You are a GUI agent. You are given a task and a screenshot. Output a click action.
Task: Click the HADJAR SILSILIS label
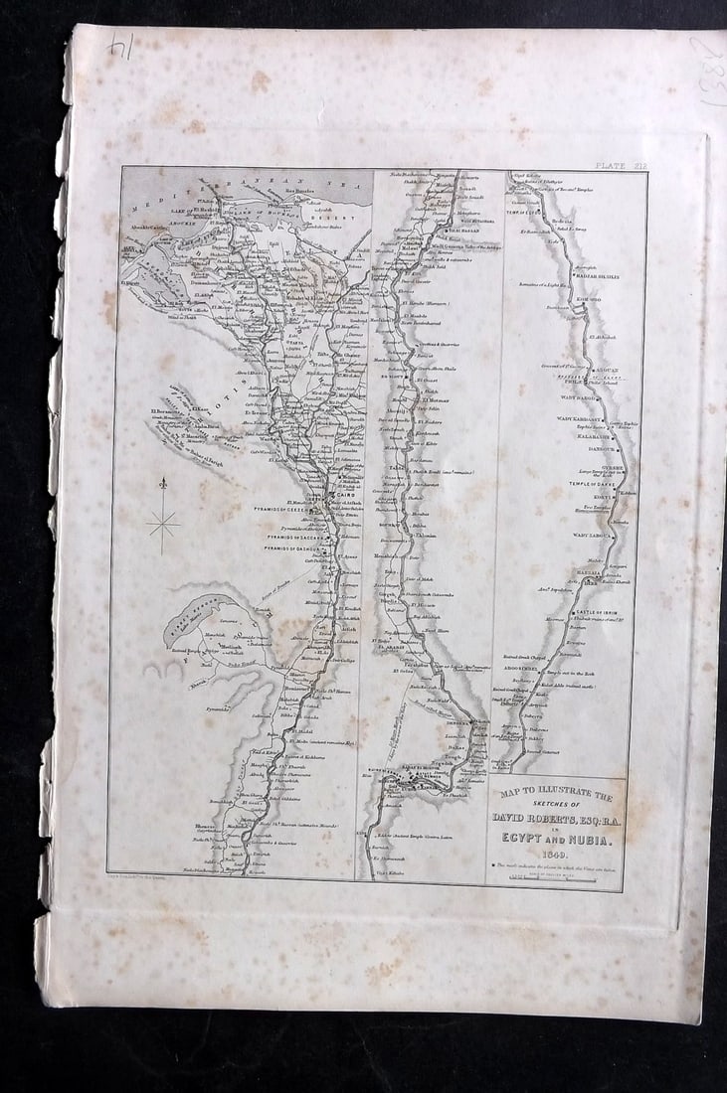(596, 277)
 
